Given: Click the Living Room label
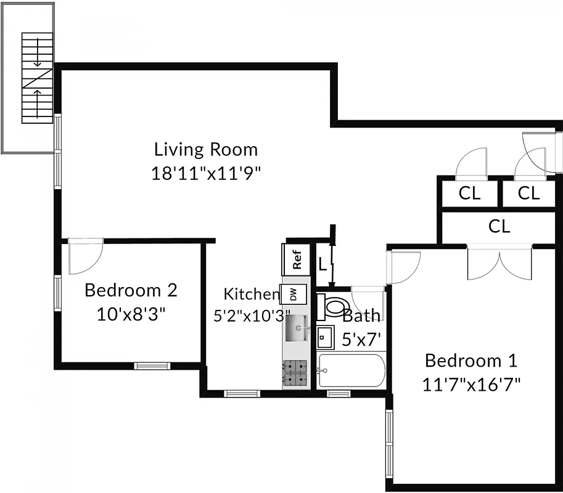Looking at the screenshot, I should [206, 149].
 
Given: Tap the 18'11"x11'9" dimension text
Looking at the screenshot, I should [207, 173].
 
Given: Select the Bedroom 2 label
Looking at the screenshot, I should [131, 289].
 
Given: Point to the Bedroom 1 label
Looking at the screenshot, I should [471, 360].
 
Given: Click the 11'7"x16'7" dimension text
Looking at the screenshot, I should [472, 385].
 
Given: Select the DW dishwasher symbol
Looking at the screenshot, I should [292, 295].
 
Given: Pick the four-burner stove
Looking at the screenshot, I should [295, 373].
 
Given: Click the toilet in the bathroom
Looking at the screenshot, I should [334, 306].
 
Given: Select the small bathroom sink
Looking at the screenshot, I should [325, 338].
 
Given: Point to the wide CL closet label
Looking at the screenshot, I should [499, 226].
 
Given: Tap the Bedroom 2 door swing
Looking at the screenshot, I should [85, 256].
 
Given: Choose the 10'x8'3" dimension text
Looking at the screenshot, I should [131, 314].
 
